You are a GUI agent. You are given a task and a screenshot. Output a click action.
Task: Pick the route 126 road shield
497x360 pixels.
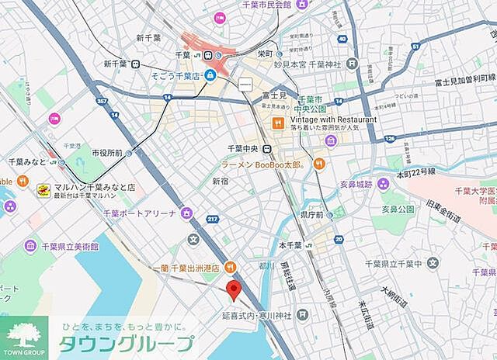[x=389, y=139]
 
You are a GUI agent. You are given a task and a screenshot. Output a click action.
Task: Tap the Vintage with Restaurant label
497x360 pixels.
[x=333, y=119]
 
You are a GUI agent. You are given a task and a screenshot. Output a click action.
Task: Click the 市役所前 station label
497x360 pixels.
[x=107, y=153]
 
